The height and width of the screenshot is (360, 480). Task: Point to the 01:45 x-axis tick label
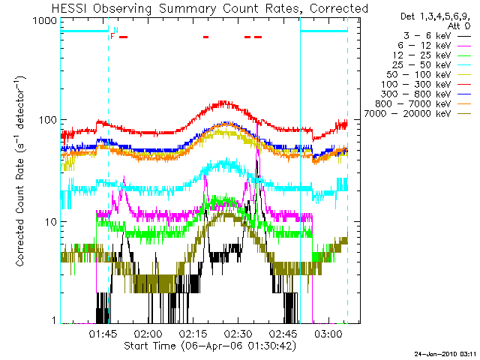pos(103,332)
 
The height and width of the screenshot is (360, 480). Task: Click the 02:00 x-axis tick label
pos(148,332)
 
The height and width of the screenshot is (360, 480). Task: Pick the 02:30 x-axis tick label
pos(238,332)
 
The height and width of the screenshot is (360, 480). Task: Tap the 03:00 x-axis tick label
pos(328,332)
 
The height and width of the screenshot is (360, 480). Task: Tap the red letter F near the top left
pos(112,36)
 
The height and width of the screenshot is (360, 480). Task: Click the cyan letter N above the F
pos(115,29)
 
